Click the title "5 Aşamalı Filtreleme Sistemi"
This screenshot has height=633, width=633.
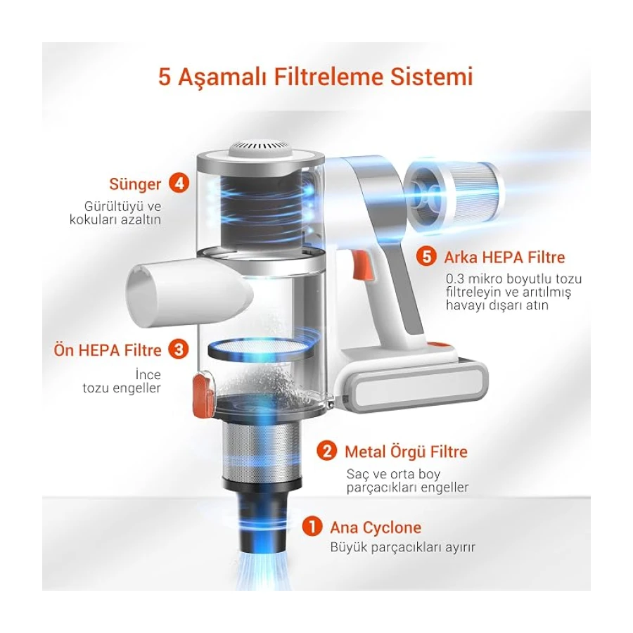click(315, 77)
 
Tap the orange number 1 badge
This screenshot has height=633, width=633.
click(312, 526)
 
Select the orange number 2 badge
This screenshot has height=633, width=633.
click(326, 451)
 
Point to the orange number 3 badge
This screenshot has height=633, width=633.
click(179, 349)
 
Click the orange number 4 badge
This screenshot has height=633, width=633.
click(179, 184)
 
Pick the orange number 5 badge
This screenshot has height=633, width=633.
click(426, 257)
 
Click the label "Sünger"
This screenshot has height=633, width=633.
click(135, 184)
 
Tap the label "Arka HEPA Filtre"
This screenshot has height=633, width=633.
click(504, 257)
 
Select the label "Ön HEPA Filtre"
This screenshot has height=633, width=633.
click(108, 350)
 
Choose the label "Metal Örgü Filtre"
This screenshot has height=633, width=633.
click(406, 452)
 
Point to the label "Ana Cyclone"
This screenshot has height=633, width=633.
click(376, 527)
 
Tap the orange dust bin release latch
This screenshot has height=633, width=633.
click(203, 392)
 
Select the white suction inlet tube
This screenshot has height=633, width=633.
click(190, 290)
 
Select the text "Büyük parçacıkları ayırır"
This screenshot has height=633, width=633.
click(402, 547)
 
